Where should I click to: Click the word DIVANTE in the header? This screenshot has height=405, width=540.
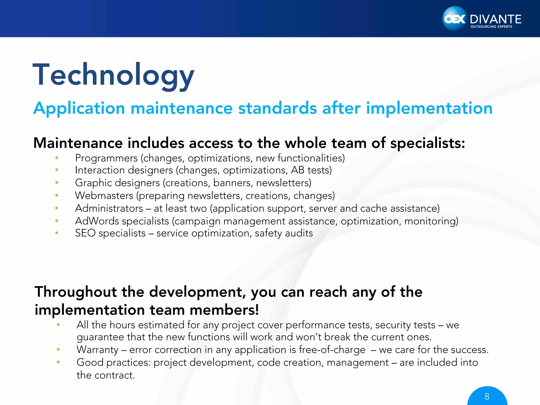[x=495, y=19]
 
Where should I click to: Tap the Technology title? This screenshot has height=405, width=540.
[x=113, y=75]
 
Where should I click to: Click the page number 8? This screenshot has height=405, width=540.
[x=487, y=396]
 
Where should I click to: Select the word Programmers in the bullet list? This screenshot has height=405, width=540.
[x=106, y=158]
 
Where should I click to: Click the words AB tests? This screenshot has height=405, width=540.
[x=311, y=170]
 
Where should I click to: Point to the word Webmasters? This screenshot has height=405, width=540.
[x=104, y=196]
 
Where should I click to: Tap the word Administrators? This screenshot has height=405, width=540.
[x=109, y=208]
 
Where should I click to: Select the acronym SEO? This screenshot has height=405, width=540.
[x=85, y=233]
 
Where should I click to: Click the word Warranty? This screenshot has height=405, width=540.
[x=98, y=350]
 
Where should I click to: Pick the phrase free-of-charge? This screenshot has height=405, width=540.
[x=332, y=350]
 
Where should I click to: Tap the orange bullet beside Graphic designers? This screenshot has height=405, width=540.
[x=56, y=182]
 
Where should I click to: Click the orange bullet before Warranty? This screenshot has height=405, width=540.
[x=58, y=350]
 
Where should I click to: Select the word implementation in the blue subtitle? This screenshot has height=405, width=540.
[x=429, y=108]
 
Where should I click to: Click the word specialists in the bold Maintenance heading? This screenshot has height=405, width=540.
[x=427, y=143]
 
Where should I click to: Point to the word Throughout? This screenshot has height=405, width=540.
[x=76, y=292]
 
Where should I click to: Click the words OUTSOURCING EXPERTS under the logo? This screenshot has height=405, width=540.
[x=491, y=27]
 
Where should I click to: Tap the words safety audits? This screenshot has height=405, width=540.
[x=284, y=233]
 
